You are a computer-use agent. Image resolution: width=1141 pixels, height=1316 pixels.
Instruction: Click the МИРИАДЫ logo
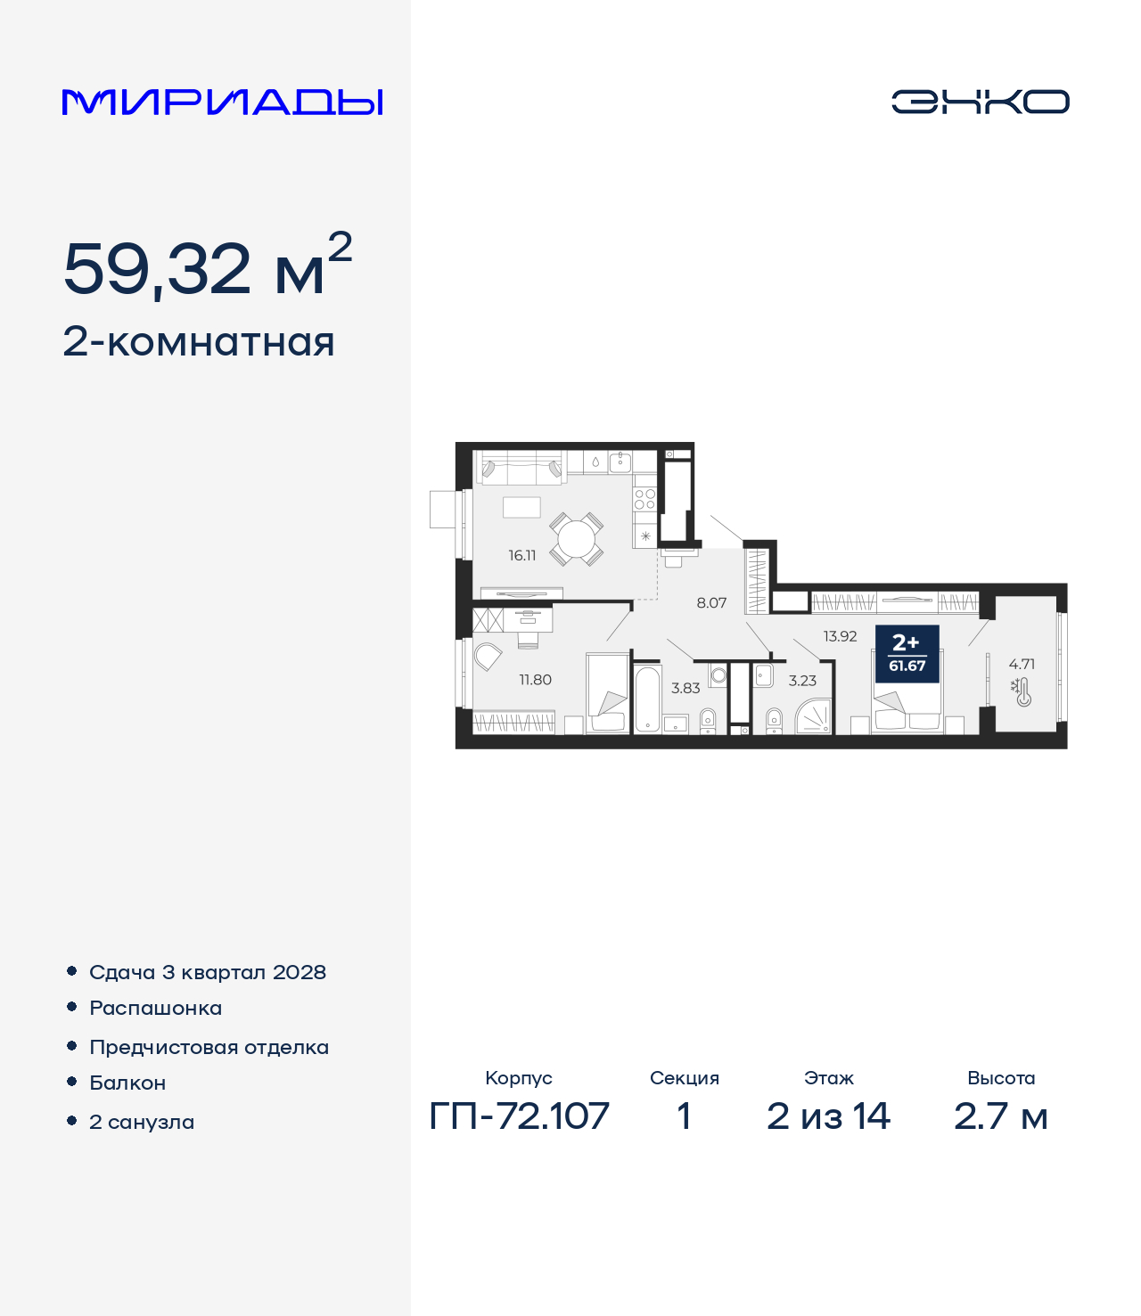coord(222,102)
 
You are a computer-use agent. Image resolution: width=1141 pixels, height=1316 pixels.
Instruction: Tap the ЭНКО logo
coord(980,102)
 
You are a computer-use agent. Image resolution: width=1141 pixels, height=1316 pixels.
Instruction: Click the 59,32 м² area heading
coord(208,265)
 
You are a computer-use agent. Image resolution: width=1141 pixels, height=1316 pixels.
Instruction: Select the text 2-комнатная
coord(198,342)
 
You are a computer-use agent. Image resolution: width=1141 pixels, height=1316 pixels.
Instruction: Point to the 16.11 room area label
coord(521,555)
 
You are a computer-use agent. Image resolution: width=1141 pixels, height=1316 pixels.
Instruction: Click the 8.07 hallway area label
coord(711,602)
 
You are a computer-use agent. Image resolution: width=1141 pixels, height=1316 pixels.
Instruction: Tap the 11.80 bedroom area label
coord(535,679)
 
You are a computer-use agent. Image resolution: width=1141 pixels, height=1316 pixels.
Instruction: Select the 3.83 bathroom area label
coord(685,688)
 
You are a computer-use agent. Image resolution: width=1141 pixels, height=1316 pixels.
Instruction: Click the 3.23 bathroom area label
coord(802,681)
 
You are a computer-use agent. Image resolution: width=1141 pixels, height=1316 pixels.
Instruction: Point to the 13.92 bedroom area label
coord(840,636)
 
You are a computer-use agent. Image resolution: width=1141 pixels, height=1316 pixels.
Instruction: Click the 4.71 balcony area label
coord(1022,664)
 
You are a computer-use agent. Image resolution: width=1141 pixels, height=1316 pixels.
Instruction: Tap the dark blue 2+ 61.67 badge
coord(907,654)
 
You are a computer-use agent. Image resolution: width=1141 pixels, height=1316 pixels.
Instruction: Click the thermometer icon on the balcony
coord(1022,692)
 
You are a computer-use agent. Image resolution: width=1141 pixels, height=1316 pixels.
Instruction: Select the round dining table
coord(576,539)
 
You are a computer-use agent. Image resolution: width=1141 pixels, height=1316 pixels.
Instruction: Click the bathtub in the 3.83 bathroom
coord(648,699)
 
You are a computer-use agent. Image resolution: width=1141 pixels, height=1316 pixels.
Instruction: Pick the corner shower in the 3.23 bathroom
coord(814,715)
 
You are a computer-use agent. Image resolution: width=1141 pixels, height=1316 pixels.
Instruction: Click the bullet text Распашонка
coord(155,1008)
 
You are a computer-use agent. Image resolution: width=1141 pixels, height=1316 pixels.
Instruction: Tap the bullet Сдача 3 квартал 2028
coord(208,972)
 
